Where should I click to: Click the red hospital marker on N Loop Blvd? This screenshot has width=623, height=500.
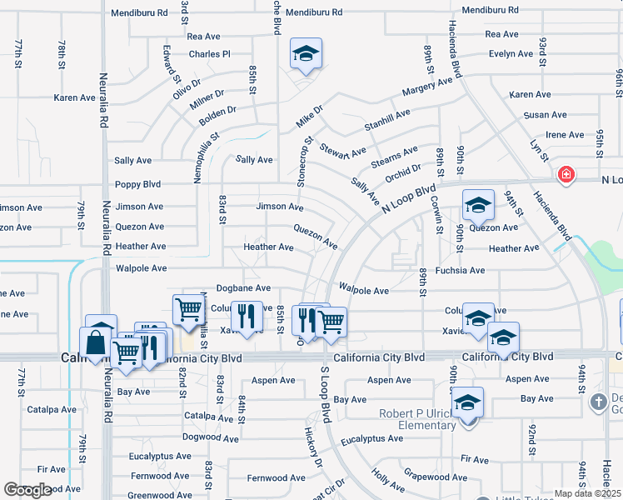pos(566,175)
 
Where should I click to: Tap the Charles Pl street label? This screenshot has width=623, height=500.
pos(209,54)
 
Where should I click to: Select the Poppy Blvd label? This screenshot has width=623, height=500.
pos(138,184)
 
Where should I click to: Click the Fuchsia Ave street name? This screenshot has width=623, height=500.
pos(465,270)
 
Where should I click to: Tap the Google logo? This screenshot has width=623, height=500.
pos(27,490)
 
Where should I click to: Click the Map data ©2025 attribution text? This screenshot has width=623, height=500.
pos(586,492)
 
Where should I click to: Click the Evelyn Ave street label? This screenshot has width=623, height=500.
pos(511,54)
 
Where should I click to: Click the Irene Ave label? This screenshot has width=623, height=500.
pos(564,135)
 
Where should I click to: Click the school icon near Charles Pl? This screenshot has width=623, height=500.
pos(306,54)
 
